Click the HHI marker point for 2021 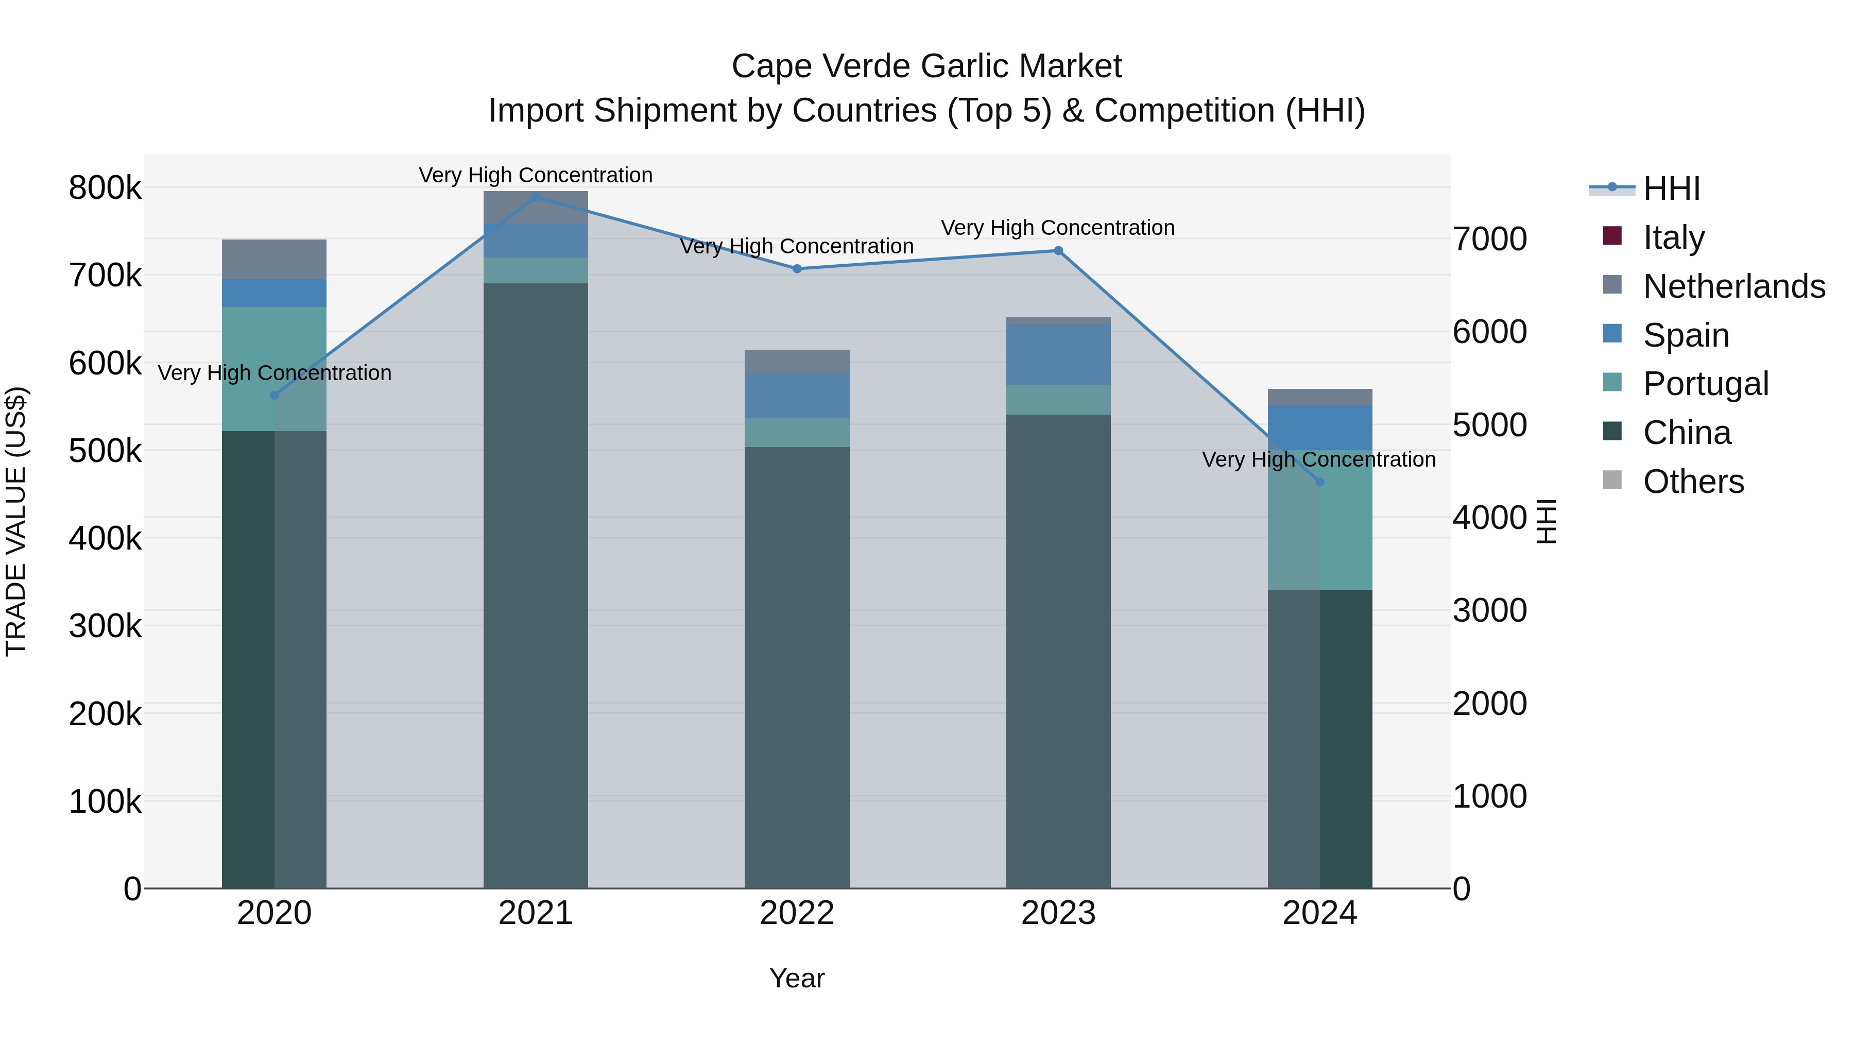[536, 197]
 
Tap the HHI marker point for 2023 [1058, 250]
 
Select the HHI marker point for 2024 [1319, 482]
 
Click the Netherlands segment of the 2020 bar [273, 259]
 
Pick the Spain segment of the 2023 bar [1058, 354]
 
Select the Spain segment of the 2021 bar [536, 241]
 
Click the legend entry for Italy [1673, 237]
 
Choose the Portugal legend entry [1705, 384]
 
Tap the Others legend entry [1693, 482]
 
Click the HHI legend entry [1671, 188]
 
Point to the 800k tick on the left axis [105, 188]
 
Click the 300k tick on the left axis [105, 625]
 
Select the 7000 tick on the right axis [1489, 239]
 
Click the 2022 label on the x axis [797, 913]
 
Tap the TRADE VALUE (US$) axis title [16, 521]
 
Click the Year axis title [797, 978]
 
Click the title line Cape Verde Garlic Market [926, 66]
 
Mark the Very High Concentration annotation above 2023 [1057, 228]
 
